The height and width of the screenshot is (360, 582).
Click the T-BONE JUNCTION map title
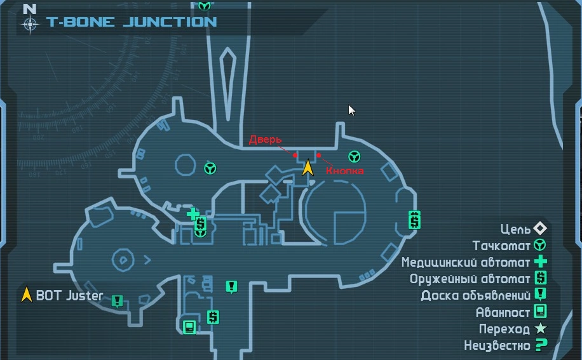click(132, 22)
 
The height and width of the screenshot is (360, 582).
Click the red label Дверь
click(266, 140)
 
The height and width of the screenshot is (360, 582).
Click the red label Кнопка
click(344, 171)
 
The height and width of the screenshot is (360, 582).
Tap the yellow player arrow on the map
click(308, 166)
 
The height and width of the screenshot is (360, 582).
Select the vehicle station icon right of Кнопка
click(354, 156)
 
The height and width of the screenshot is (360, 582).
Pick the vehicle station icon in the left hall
click(210, 168)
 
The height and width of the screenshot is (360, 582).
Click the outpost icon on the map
click(189, 326)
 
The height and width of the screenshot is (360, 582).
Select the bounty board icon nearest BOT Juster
click(117, 300)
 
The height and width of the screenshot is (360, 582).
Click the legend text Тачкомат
click(501, 245)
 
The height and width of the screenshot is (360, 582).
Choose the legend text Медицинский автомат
click(465, 262)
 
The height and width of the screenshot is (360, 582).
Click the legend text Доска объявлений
click(475, 295)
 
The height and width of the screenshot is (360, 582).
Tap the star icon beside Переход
click(540, 329)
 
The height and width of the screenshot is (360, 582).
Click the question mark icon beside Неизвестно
click(541, 345)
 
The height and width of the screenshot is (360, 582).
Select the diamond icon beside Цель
click(540, 228)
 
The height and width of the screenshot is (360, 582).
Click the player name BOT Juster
click(66, 295)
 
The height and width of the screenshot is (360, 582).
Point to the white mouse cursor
click(351, 110)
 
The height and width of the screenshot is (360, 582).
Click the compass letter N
click(29, 9)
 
